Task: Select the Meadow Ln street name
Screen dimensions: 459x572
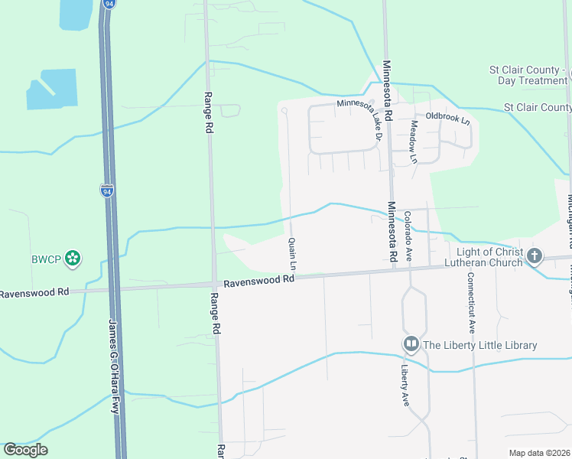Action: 414,142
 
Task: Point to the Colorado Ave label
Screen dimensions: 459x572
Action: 408,236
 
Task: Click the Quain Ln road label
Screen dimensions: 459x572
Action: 292,253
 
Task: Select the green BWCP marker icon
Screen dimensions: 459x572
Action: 73,259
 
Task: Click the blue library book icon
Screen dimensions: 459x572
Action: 411,345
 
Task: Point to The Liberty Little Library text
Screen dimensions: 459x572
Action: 480,345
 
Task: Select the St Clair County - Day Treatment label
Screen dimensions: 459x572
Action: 528,76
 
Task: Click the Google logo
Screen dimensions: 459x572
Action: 25,450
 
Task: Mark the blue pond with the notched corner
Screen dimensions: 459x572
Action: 51,89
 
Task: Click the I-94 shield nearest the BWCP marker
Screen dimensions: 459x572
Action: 106,190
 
